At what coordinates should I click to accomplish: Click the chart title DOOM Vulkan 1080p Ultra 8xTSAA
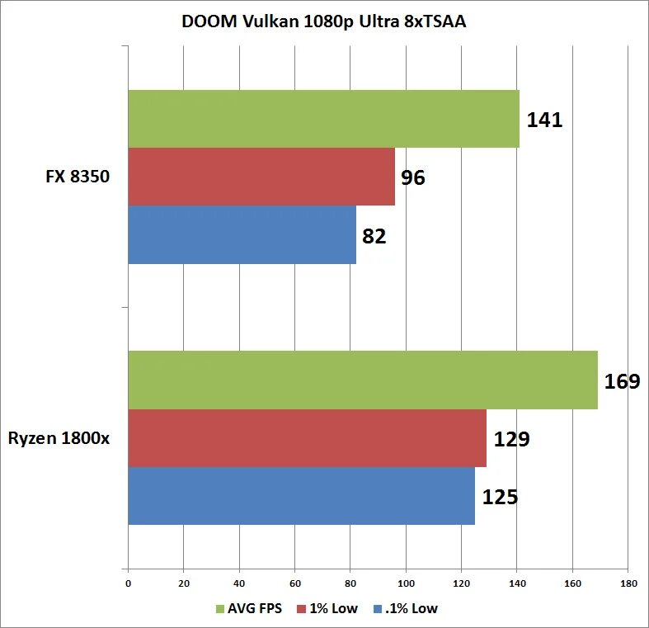(x=324, y=21)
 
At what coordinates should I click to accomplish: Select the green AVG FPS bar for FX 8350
(x=323, y=119)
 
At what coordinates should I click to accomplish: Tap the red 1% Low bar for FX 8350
(x=261, y=177)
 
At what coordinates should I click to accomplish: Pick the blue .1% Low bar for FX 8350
(x=242, y=234)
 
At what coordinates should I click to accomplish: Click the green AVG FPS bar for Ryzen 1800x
(x=363, y=380)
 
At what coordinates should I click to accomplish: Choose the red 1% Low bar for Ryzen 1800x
(x=307, y=437)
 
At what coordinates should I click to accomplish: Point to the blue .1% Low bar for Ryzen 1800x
(x=301, y=495)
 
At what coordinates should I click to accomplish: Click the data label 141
(x=544, y=120)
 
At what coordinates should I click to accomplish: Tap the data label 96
(x=413, y=177)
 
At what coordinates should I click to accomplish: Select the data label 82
(x=374, y=236)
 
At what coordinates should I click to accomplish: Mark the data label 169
(x=622, y=381)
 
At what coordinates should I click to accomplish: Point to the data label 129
(x=511, y=439)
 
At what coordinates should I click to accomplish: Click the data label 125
(x=500, y=497)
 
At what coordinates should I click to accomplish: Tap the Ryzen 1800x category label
(x=59, y=437)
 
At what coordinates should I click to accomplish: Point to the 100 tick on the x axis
(x=406, y=583)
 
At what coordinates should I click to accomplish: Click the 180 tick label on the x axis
(x=627, y=583)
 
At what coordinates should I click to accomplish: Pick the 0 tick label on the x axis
(x=128, y=583)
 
